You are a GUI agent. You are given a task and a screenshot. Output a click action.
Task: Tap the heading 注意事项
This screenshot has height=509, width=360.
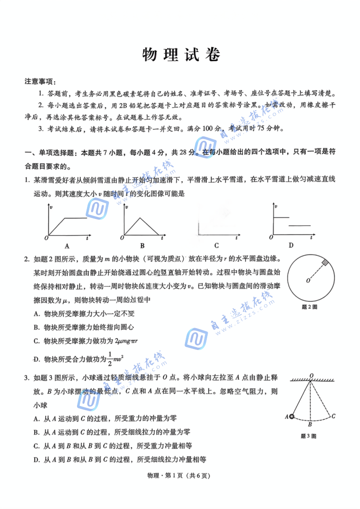pyautogui.click(x=40, y=82)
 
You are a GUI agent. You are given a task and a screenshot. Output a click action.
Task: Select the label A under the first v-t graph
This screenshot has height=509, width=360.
pyautogui.click(x=67, y=246)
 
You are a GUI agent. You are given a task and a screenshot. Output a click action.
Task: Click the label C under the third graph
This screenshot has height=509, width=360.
pyautogui.click(x=216, y=246)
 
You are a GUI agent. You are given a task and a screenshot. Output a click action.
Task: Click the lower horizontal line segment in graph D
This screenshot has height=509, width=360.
pyautogui.click(x=300, y=225)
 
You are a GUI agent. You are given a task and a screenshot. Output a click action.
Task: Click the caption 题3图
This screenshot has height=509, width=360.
pyautogui.click(x=308, y=436)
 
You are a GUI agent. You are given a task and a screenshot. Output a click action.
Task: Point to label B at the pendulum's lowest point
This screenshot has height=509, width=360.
pyautogui.click(x=310, y=425)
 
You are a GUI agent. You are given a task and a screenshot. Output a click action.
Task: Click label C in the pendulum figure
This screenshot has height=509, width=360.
pyautogui.click(x=333, y=416)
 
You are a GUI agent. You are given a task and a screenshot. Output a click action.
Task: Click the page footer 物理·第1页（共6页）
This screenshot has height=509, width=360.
pyautogui.click(x=180, y=476)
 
